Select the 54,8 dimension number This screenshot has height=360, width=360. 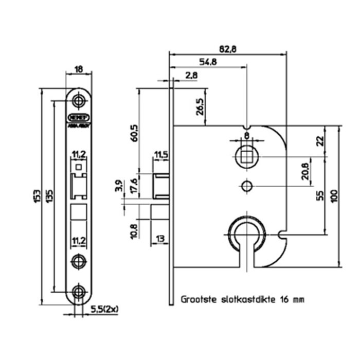click(208, 62)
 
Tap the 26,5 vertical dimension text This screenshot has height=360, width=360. click(200, 107)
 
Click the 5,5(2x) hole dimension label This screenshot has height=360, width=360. click(105, 309)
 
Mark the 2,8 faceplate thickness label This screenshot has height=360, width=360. click(191, 76)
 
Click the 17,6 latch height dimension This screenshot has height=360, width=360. click(135, 185)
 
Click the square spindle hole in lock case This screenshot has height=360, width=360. click(247, 156)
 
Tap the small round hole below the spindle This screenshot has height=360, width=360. click(247, 185)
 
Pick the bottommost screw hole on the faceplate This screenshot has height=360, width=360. click(79, 292)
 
